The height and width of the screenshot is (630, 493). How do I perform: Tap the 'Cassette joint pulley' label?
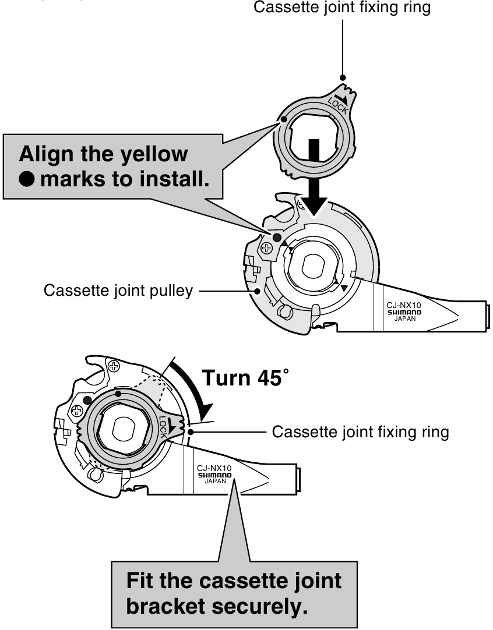pyautogui.click(x=118, y=290)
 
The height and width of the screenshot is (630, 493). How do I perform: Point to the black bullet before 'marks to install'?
pyautogui.click(x=27, y=179)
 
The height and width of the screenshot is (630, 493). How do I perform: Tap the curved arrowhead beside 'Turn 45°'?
pyautogui.click(x=203, y=412)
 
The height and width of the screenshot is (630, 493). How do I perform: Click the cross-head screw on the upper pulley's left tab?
pyautogui.click(x=267, y=248)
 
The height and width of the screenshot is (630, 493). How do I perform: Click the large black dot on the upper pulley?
pyautogui.click(x=277, y=238)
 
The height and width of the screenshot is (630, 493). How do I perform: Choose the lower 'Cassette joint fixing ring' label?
pyautogui.click(x=360, y=432)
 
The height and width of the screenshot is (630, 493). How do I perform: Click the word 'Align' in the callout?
pyautogui.click(x=48, y=154)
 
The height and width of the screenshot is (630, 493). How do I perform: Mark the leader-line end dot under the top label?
pyautogui.click(x=343, y=77)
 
